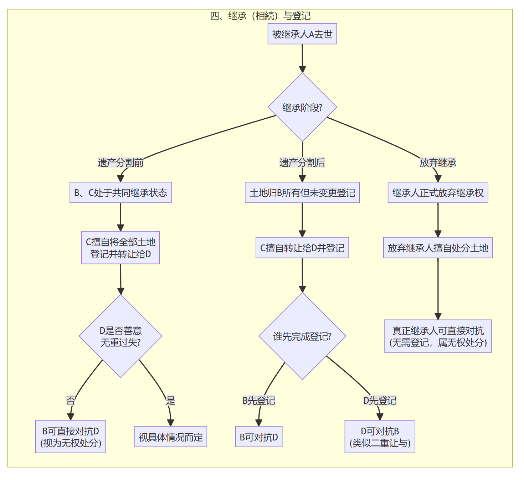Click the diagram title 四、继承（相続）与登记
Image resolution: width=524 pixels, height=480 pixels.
coord(260,16)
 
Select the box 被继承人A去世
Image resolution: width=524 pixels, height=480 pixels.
coord(302,34)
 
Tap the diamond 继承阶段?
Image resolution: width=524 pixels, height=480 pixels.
coord(302,107)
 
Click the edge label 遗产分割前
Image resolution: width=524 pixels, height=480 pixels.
coord(120,163)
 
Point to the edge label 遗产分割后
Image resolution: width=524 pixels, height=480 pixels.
coord(302,163)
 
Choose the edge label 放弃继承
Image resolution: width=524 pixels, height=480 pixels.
coord(438,163)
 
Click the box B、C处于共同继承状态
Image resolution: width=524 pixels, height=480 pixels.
coord(120,193)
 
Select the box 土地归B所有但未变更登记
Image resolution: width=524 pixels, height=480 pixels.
coord(302,193)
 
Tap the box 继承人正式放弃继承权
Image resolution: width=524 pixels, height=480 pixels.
coord(438,193)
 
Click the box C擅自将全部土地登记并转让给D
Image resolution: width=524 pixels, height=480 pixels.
coord(120,248)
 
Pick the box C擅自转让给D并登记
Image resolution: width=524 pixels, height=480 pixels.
coord(302,248)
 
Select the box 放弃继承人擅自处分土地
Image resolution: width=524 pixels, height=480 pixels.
coord(438,248)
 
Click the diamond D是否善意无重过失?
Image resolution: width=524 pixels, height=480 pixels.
coord(120,336)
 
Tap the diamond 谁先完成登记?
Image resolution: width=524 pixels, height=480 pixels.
coord(302,336)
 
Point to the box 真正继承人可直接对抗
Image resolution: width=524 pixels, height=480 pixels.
coord(438,336)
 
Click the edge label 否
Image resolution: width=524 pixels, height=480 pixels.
coord(71,401)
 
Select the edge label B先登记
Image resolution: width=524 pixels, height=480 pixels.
coord(259,401)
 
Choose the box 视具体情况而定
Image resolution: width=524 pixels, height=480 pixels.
coord(170,437)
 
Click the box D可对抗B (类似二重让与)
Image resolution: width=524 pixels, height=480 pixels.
coord(380,437)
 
